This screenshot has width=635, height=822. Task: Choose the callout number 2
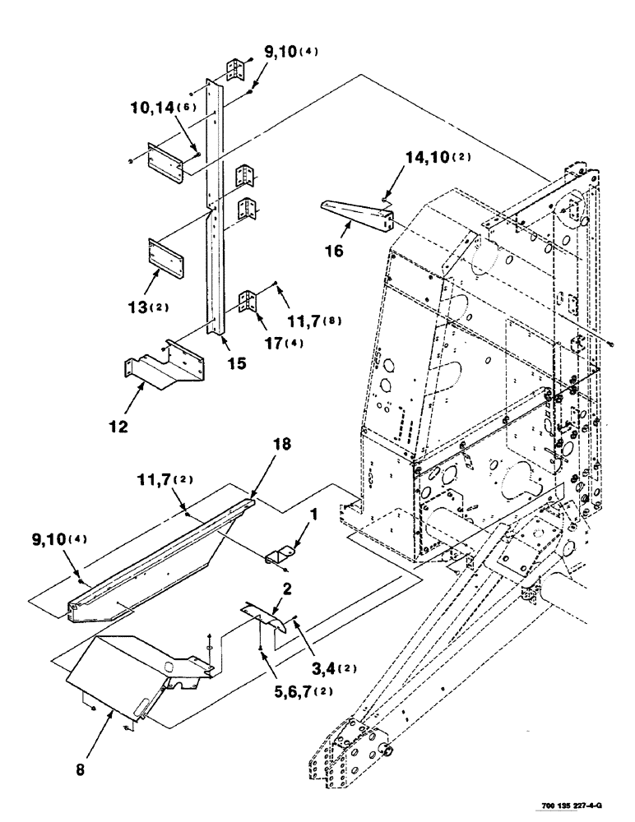pos(285,588)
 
